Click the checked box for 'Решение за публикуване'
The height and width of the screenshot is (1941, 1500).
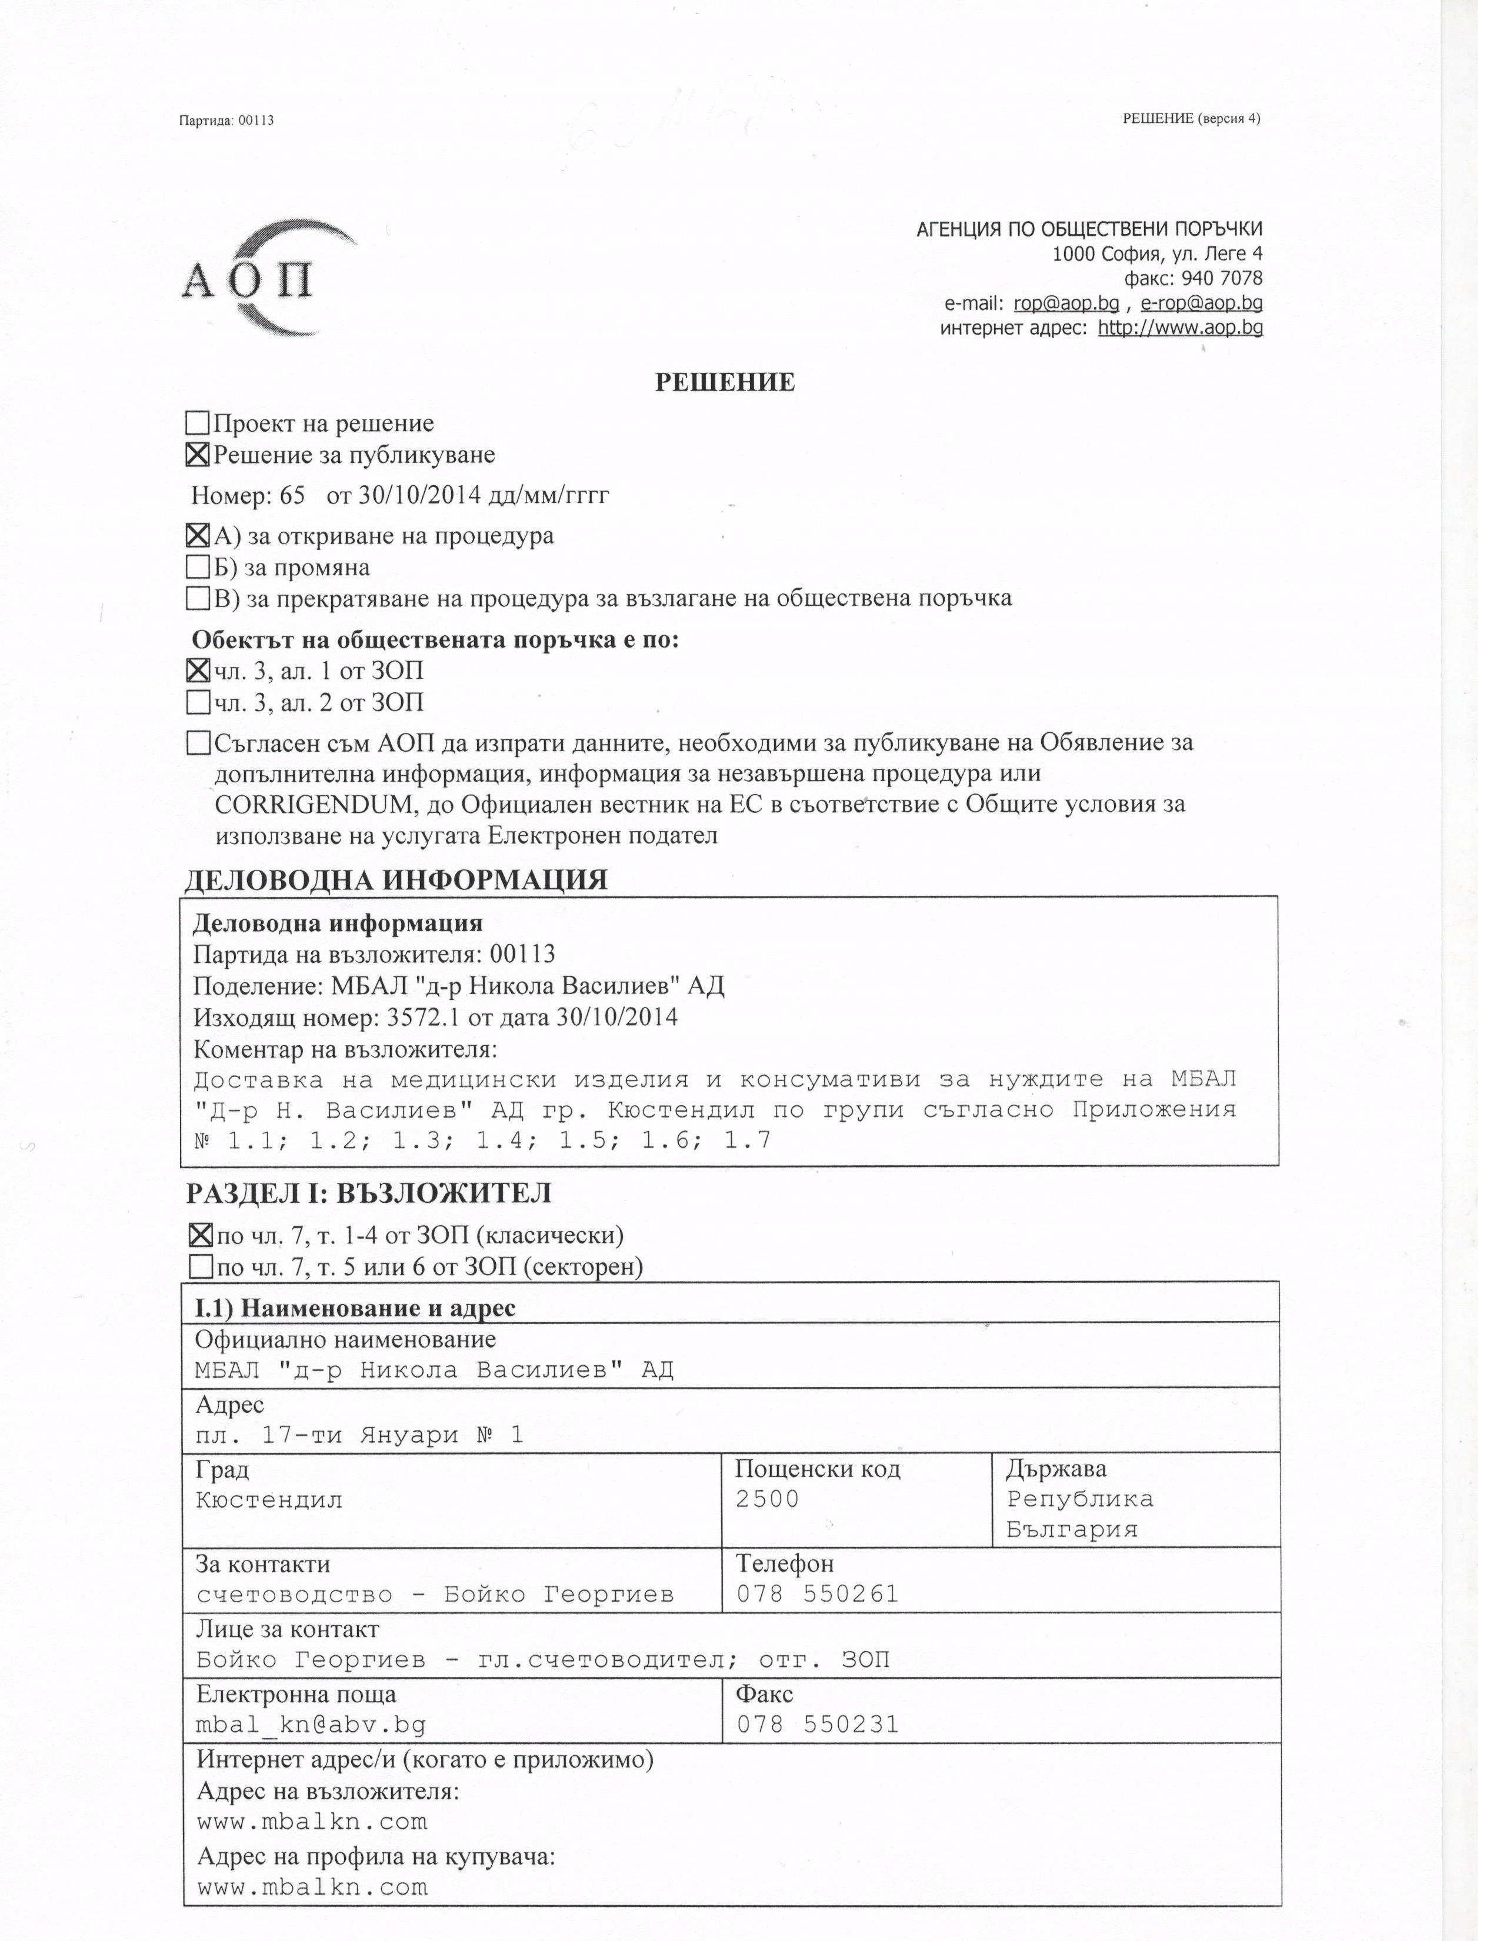pos(197,455)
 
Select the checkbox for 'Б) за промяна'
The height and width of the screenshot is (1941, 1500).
pos(197,567)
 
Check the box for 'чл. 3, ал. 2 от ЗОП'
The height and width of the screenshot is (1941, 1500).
pos(197,702)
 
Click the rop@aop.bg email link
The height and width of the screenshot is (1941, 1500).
pos(1065,303)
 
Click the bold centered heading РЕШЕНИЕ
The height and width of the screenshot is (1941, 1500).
pos(724,382)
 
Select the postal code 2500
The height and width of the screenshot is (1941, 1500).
pos(767,1499)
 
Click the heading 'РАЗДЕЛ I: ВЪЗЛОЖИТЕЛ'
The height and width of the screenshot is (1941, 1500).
pos(369,1193)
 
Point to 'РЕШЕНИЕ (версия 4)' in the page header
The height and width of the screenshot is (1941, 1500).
pos(1191,118)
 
